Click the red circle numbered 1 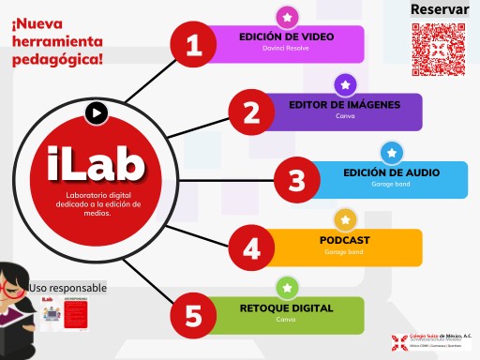(194, 45)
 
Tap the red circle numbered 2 (224, 112)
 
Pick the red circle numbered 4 (251, 247)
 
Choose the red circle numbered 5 (194, 315)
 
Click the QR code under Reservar (440, 48)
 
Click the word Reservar (440, 9)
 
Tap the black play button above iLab (97, 113)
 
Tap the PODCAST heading (344, 240)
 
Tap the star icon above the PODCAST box (345, 219)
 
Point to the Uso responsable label (68, 288)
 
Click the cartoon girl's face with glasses (16, 283)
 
